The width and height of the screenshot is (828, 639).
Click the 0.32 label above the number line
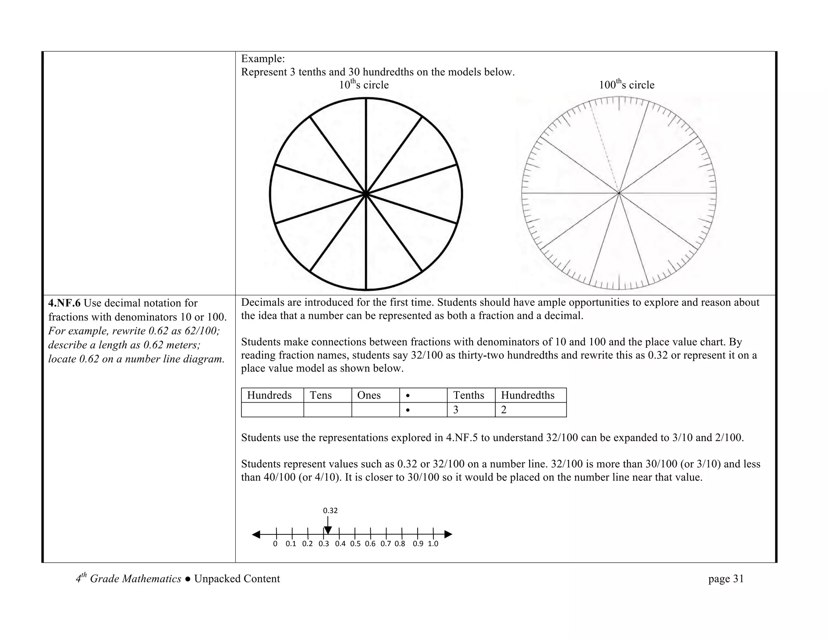(x=330, y=511)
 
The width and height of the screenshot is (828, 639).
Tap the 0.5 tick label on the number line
(x=355, y=544)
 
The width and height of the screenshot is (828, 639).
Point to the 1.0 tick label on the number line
(x=433, y=544)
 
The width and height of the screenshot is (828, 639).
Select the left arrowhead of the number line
(x=256, y=534)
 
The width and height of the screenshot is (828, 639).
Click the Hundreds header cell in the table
(x=269, y=395)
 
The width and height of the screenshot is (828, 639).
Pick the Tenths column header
(x=469, y=395)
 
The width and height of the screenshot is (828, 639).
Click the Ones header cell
(x=369, y=395)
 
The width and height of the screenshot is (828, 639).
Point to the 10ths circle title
(x=363, y=85)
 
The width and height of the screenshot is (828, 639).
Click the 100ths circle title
(x=626, y=85)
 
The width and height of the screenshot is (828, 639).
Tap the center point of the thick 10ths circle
(x=366, y=194)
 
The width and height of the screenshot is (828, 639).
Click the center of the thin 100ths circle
(x=619, y=193)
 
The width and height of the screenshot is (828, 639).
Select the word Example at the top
(x=263, y=59)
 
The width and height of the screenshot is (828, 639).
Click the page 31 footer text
(x=726, y=579)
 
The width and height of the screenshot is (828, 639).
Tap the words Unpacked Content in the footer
(x=237, y=579)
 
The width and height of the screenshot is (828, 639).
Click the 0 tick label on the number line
(x=275, y=544)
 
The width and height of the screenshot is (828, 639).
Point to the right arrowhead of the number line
(x=448, y=534)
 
